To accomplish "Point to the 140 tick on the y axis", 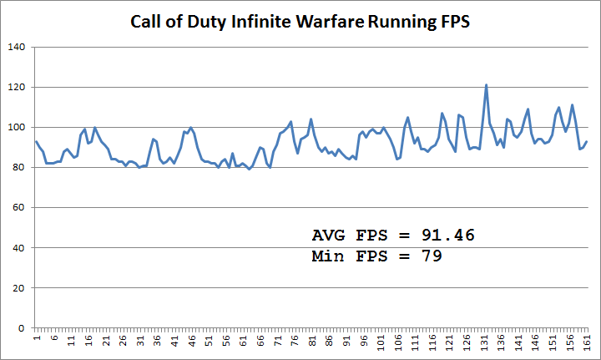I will tap(17, 47).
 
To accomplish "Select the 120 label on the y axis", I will tap(17, 87).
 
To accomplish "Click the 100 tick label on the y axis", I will tap(17, 127).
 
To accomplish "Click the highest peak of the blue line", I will tap(486, 85).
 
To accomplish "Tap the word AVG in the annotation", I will tap(327, 235).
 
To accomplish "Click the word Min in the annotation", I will tap(327, 256).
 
